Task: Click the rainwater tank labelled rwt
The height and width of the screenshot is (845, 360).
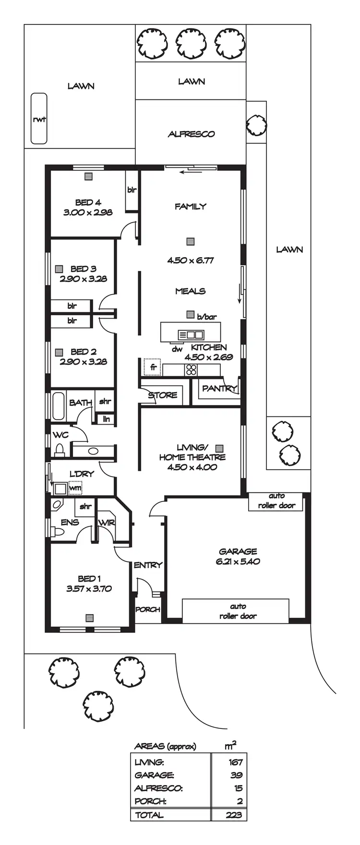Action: [39, 119]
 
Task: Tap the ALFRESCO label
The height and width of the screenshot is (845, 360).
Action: [191, 134]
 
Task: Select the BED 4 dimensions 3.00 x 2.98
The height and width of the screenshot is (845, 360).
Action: [88, 212]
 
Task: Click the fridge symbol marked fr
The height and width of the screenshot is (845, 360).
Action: [153, 368]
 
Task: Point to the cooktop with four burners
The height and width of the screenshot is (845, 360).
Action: [191, 369]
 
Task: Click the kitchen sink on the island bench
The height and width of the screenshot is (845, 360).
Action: [191, 334]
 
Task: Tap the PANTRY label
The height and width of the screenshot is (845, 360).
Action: [219, 388]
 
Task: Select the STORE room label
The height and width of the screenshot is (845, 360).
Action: [162, 395]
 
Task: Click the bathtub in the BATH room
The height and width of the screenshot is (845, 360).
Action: [59, 406]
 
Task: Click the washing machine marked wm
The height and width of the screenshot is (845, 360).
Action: [75, 488]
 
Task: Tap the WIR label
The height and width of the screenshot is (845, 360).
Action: [106, 523]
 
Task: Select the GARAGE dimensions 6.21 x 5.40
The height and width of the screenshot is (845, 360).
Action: [238, 561]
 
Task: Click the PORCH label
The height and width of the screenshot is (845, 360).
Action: [147, 609]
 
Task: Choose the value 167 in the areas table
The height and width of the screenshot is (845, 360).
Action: [236, 762]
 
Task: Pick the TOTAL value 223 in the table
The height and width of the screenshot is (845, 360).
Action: [235, 815]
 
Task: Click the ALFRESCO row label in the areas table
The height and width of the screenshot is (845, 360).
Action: [158, 788]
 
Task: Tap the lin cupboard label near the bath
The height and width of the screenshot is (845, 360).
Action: [106, 419]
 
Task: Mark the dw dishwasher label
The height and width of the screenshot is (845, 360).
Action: [177, 349]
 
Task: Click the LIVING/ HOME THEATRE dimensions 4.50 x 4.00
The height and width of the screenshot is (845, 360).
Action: [192, 467]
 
